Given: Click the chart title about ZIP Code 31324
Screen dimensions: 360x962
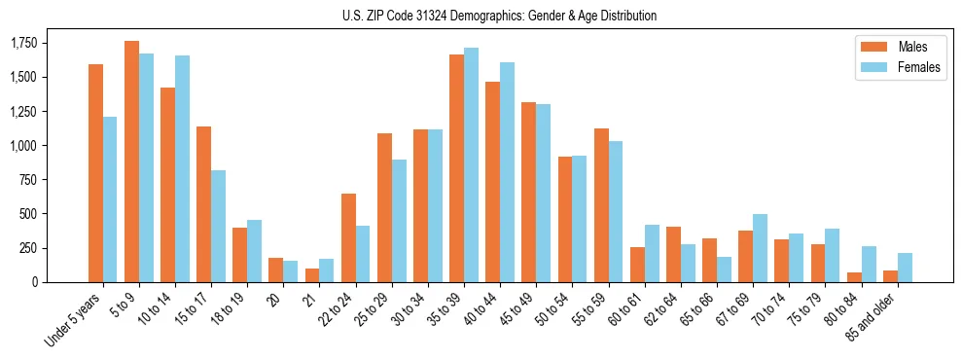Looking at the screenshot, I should tap(500, 16).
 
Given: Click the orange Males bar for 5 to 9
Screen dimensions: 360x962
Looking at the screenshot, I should tap(132, 162).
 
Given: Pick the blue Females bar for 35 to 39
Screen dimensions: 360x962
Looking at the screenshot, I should tap(471, 165).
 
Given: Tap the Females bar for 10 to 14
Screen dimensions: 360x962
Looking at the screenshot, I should tap(183, 169).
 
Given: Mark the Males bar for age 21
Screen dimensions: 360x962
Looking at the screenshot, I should tap(311, 275).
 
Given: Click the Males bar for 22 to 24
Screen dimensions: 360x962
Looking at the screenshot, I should tap(348, 238).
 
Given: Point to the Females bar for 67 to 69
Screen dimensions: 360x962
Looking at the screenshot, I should tap(760, 248).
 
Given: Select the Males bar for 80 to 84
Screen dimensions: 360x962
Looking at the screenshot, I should tap(853, 277).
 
